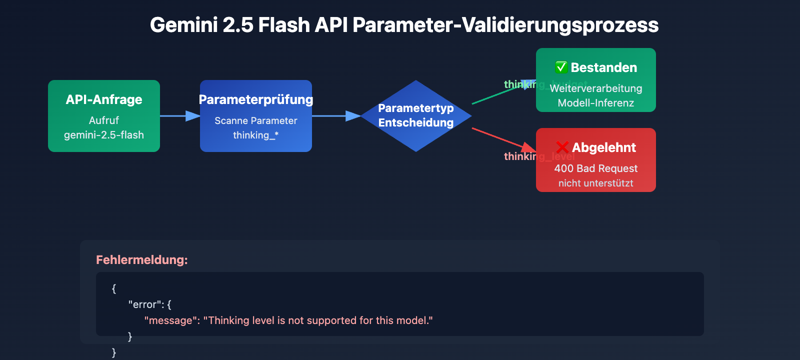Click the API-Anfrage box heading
[x=104, y=99]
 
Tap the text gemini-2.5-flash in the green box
[x=104, y=135]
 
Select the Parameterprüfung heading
[x=256, y=99]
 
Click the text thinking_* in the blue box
[x=255, y=135]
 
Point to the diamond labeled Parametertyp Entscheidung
[x=416, y=115]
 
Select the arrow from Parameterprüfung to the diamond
[x=335, y=116]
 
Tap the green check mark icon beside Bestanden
[x=561, y=67]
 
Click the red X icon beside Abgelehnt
[x=562, y=147]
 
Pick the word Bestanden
[x=604, y=67]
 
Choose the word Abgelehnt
[x=604, y=147]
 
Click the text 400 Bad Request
[x=595, y=168]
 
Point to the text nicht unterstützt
[x=595, y=183]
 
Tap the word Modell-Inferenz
[x=595, y=103]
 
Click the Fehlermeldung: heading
[x=142, y=260]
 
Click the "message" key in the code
[x=171, y=320]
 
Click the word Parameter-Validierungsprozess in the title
[x=505, y=25]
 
